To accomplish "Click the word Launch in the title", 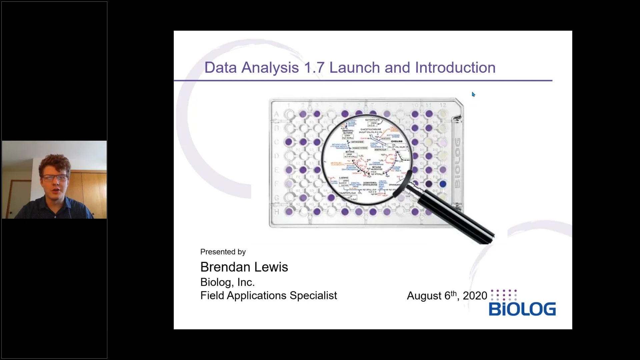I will point(354,68).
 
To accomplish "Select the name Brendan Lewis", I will point(244,267).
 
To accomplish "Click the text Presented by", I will point(223,252).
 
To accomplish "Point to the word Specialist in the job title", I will point(313,296).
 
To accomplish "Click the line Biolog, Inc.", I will point(227,282).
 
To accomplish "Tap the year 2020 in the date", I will point(475,296).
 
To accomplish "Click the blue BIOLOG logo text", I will point(522,309).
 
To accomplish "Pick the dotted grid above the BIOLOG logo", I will point(504,295).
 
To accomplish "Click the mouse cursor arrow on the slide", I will point(473,94).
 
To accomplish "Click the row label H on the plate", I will point(277,212).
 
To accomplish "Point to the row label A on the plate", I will point(276,114).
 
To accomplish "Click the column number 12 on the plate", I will point(442,105).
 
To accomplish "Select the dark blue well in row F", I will point(443,184).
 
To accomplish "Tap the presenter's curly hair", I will point(54,163).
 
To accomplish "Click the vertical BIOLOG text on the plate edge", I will point(457,163).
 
